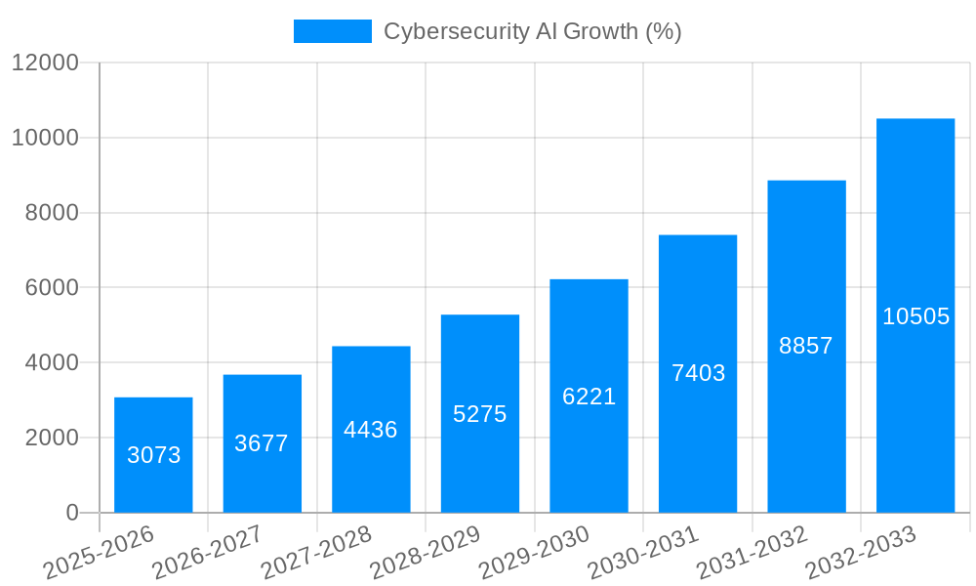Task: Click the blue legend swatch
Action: coord(332,31)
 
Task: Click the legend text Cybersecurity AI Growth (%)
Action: coord(532,31)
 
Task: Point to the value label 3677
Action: coord(262,443)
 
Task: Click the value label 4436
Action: coord(371,430)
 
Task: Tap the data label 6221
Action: coord(589,397)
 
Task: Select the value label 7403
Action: coord(698,373)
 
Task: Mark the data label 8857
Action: coord(806,346)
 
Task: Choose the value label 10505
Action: coord(915,316)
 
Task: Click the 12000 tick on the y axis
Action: coord(44,63)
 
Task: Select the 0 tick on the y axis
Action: coord(71,513)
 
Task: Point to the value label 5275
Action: coord(480,414)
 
